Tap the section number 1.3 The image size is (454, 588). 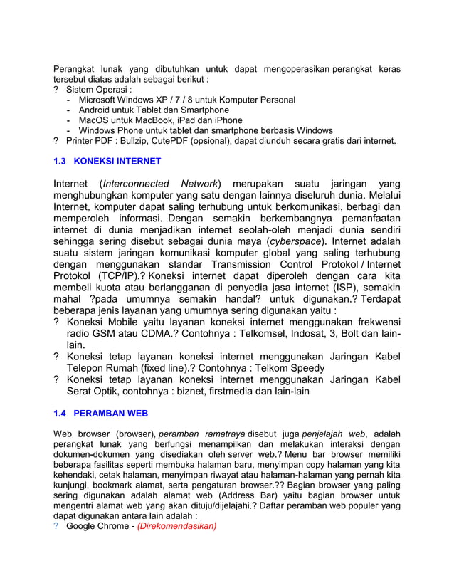[61, 162]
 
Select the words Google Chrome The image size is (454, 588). [98, 527]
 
